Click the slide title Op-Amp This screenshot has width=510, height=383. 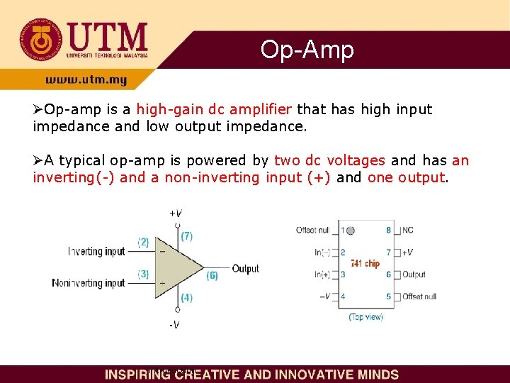[x=307, y=50]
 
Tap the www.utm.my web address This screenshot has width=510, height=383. [x=86, y=80]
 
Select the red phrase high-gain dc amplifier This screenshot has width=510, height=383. [x=214, y=110]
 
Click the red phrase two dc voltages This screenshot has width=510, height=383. [x=329, y=161]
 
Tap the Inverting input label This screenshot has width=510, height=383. [x=96, y=252]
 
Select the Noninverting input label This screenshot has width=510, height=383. [x=89, y=283]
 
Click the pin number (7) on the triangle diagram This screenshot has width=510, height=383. [x=186, y=235]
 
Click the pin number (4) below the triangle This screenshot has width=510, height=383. [x=186, y=298]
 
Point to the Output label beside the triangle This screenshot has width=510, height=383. [x=245, y=269]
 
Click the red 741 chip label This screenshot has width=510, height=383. [x=365, y=263]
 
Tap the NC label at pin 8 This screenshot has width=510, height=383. [x=408, y=231]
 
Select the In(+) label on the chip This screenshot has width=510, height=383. [x=322, y=274]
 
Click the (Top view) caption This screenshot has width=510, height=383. [x=365, y=317]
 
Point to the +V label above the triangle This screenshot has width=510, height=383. [x=175, y=213]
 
